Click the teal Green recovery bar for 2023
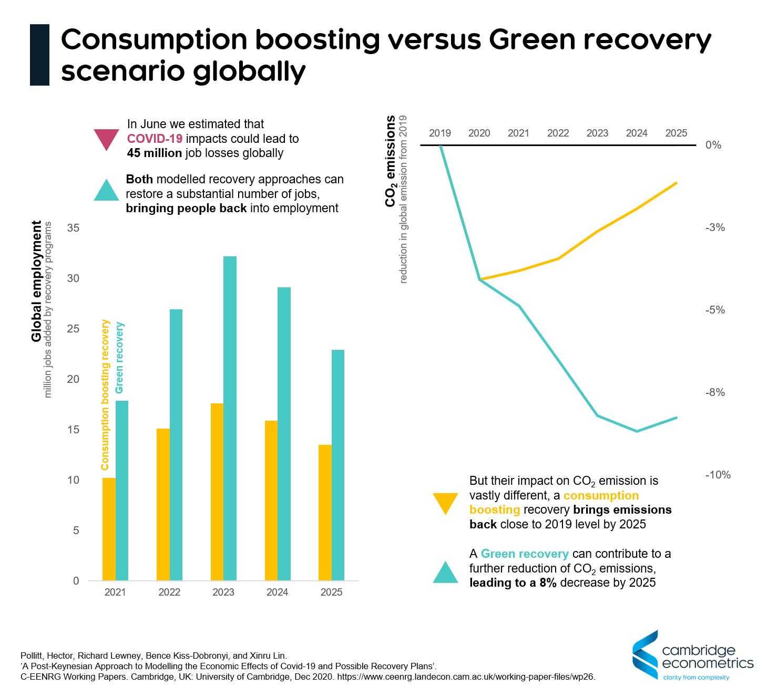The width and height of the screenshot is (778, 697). [x=230, y=418]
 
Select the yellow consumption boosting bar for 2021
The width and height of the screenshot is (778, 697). [x=109, y=529]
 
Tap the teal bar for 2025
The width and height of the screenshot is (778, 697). [x=338, y=465]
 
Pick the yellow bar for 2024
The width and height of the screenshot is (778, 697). [x=271, y=500]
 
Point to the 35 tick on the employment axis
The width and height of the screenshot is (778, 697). [x=73, y=228]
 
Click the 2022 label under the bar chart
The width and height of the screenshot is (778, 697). [x=169, y=592]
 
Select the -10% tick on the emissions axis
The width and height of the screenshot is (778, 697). [x=718, y=475]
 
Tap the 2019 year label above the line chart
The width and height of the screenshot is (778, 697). [x=440, y=133]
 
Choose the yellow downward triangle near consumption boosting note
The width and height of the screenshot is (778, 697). [x=445, y=503]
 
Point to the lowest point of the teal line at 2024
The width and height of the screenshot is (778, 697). [x=637, y=431]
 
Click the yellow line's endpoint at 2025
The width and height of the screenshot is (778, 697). [x=676, y=183]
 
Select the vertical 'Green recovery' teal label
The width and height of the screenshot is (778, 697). [x=119, y=358]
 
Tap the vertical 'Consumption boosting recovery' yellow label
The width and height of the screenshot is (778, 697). [x=105, y=394]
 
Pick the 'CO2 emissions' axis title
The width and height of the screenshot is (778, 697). [x=390, y=161]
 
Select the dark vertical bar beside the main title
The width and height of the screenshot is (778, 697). [x=39, y=55]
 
